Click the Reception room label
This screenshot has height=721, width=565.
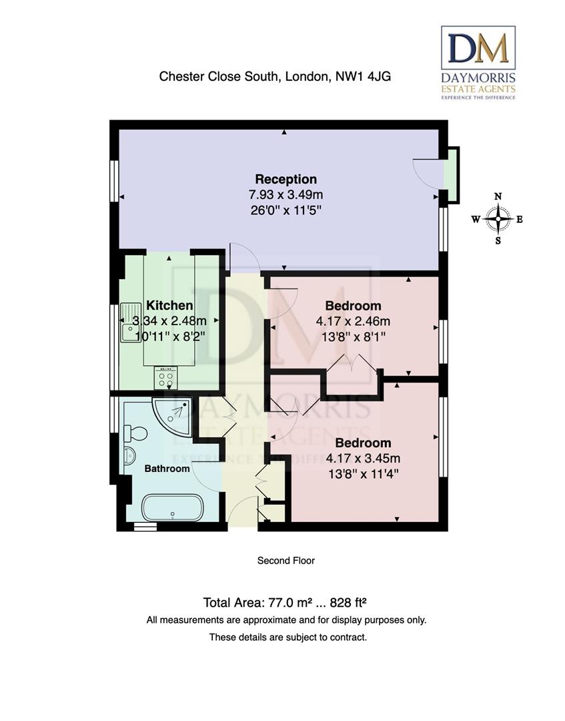click(286, 179)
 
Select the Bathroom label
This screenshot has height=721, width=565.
click(167, 469)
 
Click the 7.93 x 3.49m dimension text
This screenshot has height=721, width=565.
click(286, 195)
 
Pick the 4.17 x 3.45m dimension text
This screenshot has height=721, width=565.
click(363, 459)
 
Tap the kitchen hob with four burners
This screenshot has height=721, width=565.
click(165, 378)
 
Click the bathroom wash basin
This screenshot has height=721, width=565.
click(129, 456)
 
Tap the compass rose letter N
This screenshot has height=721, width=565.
click(498, 196)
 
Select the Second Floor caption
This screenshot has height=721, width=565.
click(286, 561)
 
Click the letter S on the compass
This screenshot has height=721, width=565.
click(498, 241)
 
